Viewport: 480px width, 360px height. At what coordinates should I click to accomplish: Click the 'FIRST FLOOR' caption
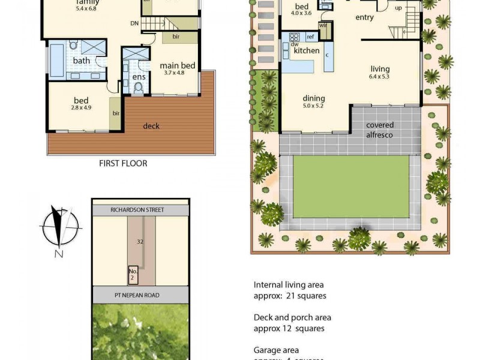[x=122, y=163]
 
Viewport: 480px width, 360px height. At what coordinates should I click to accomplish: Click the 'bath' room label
[x=82, y=61]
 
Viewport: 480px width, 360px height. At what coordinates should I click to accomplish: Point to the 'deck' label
[x=151, y=126]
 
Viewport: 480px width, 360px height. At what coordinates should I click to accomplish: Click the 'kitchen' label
[x=307, y=52]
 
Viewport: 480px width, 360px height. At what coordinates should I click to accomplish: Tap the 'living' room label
[x=380, y=69]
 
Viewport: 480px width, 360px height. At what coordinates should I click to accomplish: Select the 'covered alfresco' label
[x=380, y=130]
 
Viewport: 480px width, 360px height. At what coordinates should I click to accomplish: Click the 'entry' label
[x=365, y=18]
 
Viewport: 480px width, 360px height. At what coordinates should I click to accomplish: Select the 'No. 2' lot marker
[x=134, y=275]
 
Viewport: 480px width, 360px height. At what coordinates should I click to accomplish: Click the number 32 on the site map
[x=139, y=242]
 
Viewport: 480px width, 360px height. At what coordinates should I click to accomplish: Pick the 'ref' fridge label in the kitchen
[x=310, y=37]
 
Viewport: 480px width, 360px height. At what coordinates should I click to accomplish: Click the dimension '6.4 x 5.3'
[x=380, y=77]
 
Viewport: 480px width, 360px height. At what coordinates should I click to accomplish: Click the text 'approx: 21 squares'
[x=290, y=296]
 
